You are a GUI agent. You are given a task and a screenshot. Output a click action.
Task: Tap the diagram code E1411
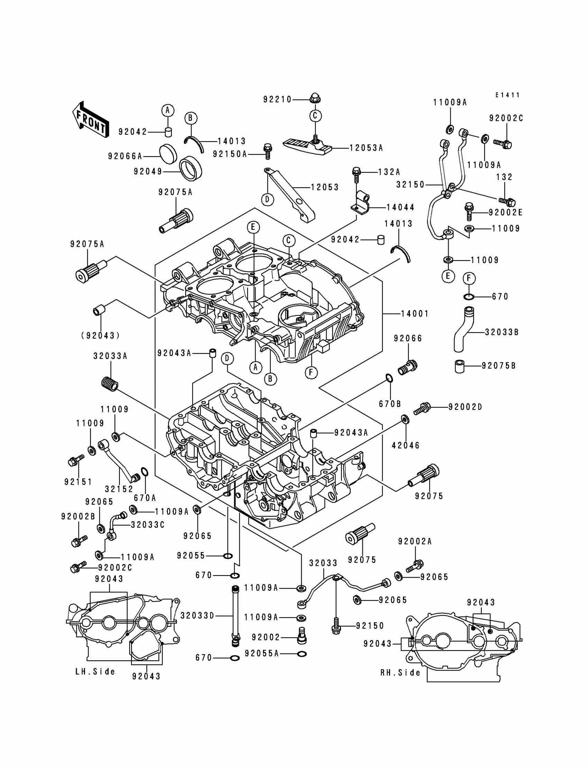point(507,95)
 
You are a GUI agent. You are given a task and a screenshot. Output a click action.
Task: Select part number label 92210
point(277,99)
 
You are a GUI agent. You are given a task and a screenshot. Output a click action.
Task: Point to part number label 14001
point(415,314)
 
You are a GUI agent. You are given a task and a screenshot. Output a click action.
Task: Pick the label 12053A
point(366,148)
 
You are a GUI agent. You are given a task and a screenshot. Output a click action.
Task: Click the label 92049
point(148,172)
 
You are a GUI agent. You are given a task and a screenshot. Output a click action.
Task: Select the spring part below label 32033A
point(110,383)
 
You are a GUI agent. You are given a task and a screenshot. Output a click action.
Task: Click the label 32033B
point(502,332)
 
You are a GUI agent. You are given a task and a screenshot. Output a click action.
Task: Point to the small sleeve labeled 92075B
point(460,366)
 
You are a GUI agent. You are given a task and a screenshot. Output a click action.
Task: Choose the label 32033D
point(197,616)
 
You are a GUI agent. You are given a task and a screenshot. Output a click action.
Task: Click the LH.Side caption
point(95,672)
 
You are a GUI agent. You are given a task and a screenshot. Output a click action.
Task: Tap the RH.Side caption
point(401,673)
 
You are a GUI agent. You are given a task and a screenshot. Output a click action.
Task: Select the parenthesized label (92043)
point(100,335)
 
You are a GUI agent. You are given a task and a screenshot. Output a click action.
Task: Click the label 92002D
point(465,407)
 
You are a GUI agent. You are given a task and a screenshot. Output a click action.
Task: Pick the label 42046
point(406,445)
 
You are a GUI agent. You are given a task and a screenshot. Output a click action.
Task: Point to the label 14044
point(401,207)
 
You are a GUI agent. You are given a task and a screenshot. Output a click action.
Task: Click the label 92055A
point(262,653)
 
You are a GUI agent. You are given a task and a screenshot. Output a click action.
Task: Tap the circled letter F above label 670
point(469,278)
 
